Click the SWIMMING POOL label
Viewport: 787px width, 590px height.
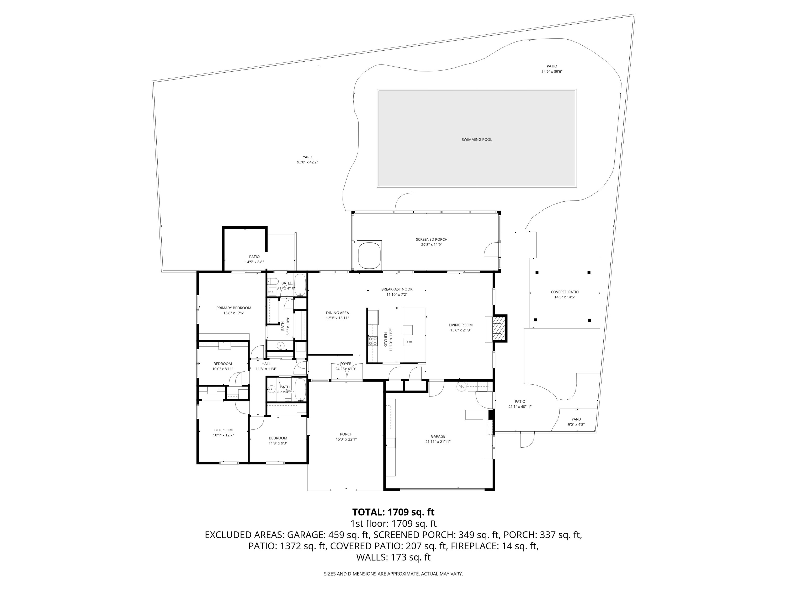[476, 140]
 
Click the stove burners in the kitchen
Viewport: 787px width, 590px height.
[373, 341]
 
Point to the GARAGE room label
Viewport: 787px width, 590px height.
[438, 436]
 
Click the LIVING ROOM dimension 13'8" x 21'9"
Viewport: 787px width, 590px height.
[460, 330]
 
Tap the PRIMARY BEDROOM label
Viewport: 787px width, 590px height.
[234, 308]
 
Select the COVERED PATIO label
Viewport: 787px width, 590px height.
[564, 292]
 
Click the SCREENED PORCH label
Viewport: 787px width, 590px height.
[431, 239]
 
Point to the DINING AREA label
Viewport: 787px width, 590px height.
[337, 313]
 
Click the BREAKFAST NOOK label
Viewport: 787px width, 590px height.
[397, 289]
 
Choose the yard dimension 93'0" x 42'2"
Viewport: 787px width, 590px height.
[307, 162]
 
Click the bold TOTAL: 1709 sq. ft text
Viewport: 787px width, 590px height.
[393, 512]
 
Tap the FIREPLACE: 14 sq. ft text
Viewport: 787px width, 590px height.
[494, 546]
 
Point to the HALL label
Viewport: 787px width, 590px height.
[266, 363]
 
